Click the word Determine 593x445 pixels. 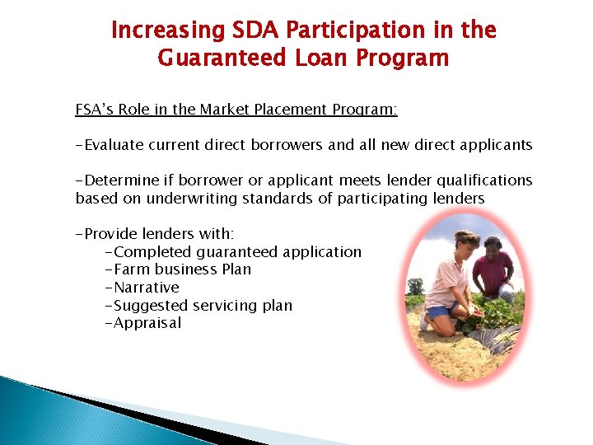pyautogui.click(x=119, y=180)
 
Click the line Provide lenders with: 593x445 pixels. pyautogui.click(x=155, y=234)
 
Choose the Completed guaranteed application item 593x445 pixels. pyautogui.click(x=233, y=252)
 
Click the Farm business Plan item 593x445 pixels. pyautogui.click(x=178, y=269)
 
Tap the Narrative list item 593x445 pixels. pyautogui.click(x=142, y=288)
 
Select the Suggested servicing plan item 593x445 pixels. pyautogui.click(x=198, y=306)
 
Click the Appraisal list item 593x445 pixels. pyautogui.click(x=143, y=323)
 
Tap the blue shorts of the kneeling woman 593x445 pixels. pyautogui.click(x=438, y=311)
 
